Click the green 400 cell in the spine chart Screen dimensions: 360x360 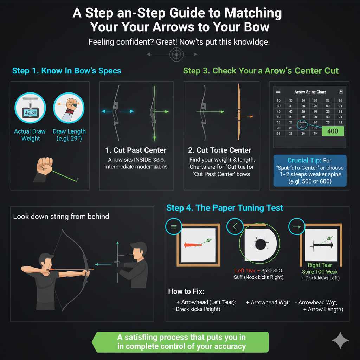point(333,131)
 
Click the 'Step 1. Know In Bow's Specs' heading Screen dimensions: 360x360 point(66,71)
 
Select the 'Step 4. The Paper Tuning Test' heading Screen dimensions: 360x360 point(225,208)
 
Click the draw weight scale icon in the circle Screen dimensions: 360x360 point(29,112)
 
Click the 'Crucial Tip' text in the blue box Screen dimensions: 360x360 point(302,160)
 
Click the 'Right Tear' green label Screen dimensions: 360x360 point(320,265)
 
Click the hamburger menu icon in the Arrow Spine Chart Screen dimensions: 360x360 point(278,91)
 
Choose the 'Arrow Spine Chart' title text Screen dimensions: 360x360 point(310,92)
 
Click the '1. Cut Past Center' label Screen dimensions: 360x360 point(136,150)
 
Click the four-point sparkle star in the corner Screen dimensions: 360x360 point(340,340)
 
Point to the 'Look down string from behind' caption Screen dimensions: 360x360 point(61,216)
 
